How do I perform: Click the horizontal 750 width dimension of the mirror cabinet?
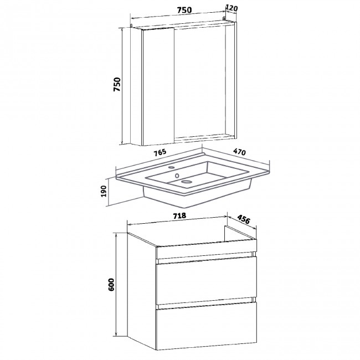click(184, 10)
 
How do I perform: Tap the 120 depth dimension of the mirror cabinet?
click(232, 8)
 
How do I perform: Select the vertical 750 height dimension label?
click(117, 84)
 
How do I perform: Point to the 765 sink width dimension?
click(160, 153)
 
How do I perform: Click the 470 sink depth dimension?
click(239, 152)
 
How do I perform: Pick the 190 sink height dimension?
click(104, 191)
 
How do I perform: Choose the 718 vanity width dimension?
click(179, 216)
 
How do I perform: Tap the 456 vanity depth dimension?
click(243, 219)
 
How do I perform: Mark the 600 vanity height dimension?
click(111, 285)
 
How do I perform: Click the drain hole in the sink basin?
click(186, 182)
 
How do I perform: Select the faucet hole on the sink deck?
click(171, 167)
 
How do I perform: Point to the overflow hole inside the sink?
click(177, 176)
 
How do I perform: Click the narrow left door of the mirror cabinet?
click(158, 86)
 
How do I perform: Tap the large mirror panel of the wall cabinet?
click(200, 83)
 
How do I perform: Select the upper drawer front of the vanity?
click(206, 281)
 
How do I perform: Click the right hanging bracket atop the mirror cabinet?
click(224, 18)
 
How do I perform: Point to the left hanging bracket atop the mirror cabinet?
click(131, 25)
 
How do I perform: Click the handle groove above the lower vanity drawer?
click(206, 303)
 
